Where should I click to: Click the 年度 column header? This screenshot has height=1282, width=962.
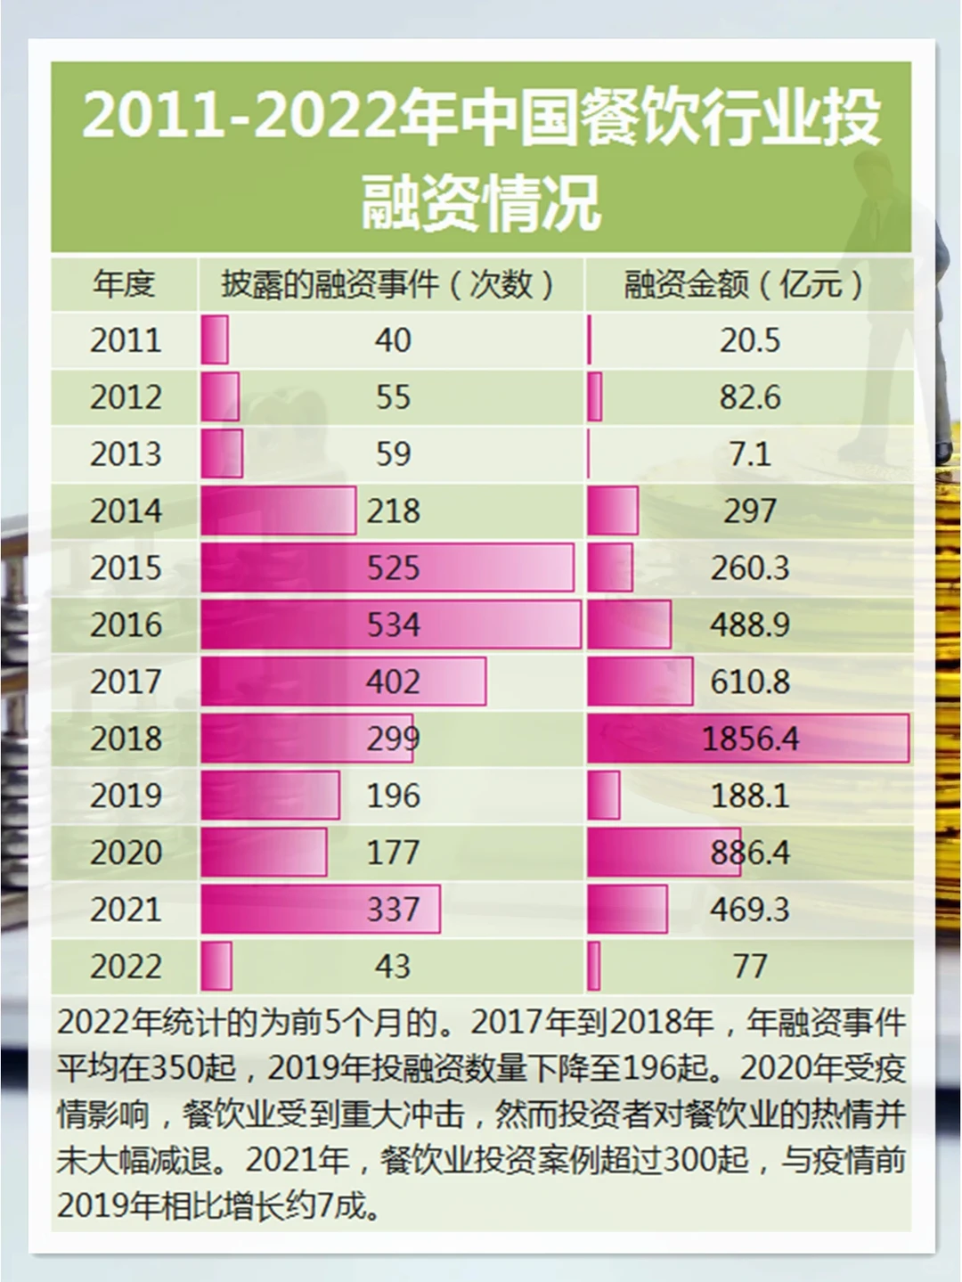pos(124,284)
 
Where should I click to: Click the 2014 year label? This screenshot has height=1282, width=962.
pos(126,511)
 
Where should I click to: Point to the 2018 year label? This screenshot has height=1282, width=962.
pos(126,739)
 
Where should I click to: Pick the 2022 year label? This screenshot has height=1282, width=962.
pos(126,967)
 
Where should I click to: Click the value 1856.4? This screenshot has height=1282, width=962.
pos(750,739)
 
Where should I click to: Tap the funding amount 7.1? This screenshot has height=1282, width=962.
pos(750,454)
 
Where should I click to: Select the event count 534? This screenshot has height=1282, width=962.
pos(393,625)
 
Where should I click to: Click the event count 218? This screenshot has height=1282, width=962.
pos(393,511)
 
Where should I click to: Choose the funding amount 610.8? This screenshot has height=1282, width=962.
pos(750,682)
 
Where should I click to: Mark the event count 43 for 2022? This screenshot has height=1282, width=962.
pos(393,967)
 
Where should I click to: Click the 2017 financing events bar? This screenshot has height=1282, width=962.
pos(343,682)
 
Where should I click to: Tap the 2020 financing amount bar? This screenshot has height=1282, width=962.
pos(664,853)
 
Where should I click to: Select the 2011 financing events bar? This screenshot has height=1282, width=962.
pos(215,339)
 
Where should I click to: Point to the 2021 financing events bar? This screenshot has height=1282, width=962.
pos(320,910)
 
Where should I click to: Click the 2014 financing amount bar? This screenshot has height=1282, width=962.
pos(613,511)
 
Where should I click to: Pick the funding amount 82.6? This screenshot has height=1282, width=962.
pos(750,397)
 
